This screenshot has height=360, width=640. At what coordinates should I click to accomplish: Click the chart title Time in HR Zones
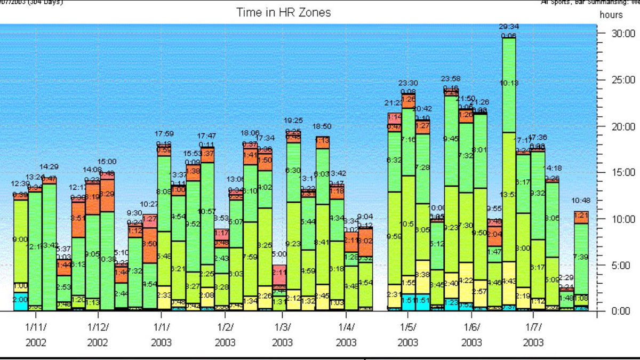283,12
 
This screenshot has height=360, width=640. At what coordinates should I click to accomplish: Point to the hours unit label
611,15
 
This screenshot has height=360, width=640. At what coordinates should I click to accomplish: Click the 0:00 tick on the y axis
609,310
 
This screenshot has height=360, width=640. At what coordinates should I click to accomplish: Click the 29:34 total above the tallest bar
509,27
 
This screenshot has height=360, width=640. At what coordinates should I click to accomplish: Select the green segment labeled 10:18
509,83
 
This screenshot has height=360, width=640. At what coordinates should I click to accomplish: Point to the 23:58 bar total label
451,79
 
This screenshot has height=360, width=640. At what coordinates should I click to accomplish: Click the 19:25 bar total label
293,121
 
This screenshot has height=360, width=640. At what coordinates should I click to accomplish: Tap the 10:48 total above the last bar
581,201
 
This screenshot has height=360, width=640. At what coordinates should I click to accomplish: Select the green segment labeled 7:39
581,257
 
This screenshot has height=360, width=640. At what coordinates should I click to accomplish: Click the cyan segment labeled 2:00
21,300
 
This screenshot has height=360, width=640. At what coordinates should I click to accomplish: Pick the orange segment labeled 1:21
581,216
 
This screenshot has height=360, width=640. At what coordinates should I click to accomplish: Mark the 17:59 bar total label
164,134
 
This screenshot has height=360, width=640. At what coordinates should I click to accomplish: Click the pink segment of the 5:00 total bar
279,275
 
